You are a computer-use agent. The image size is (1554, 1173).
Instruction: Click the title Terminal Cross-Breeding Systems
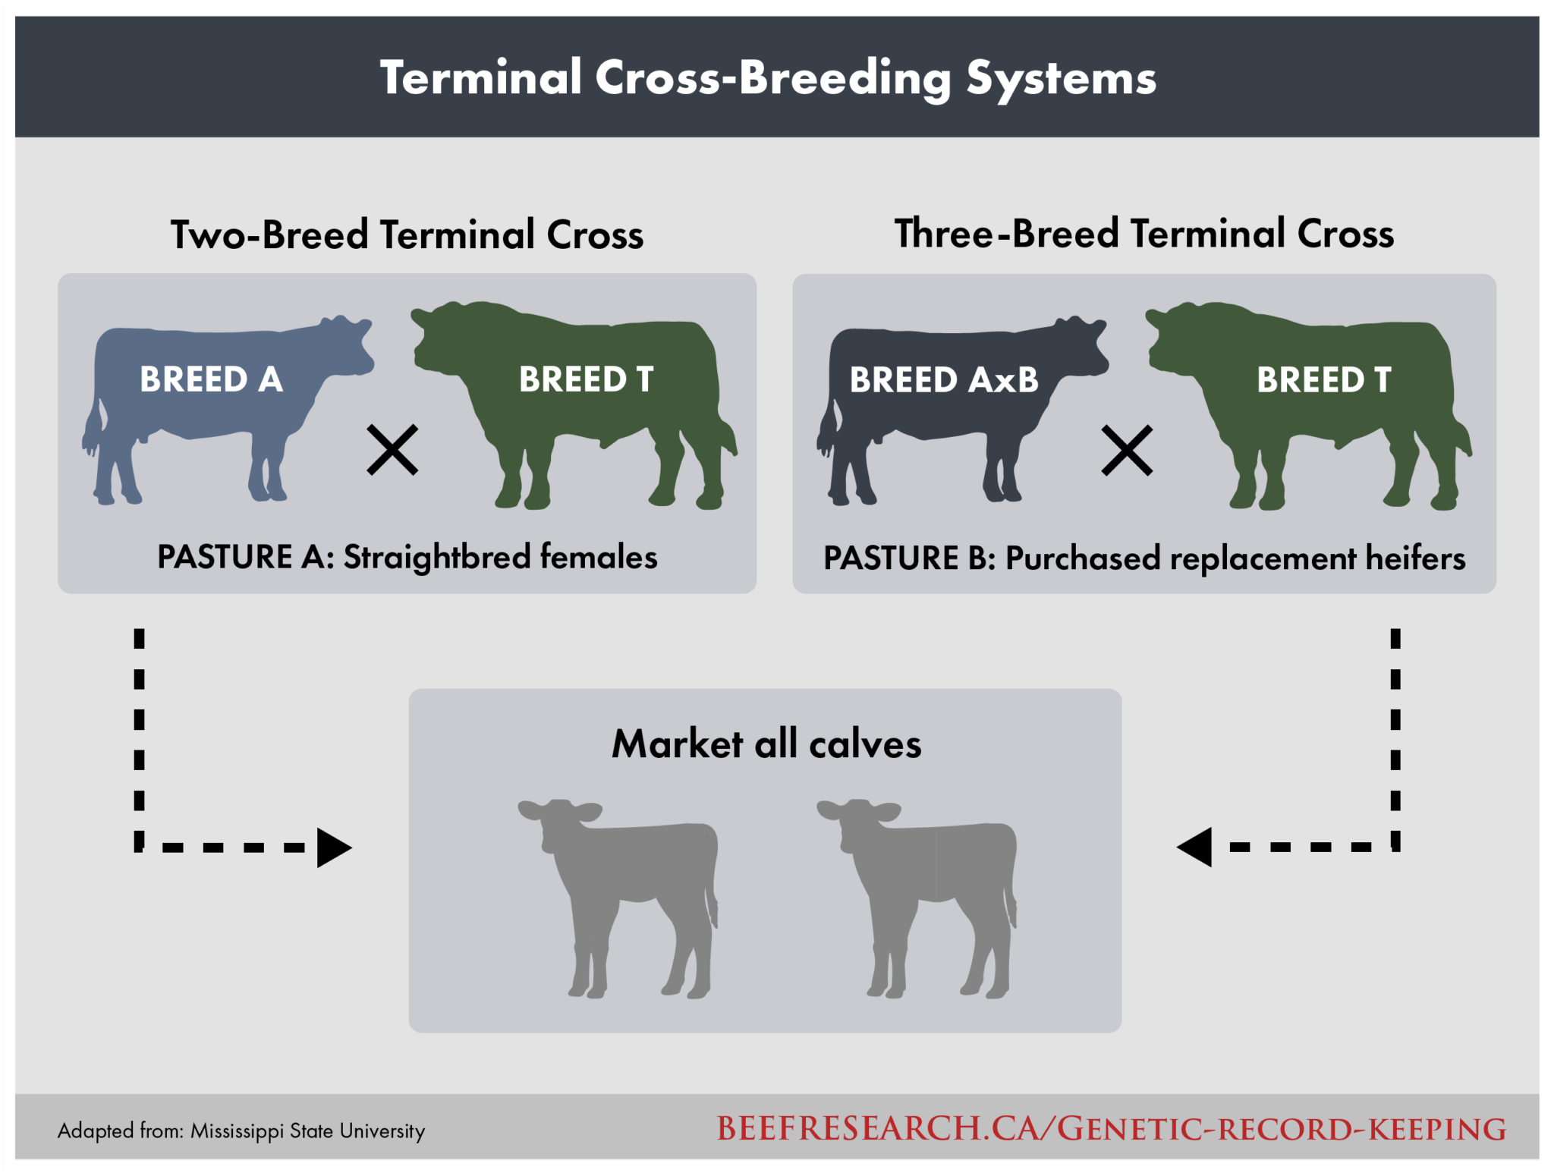(x=768, y=78)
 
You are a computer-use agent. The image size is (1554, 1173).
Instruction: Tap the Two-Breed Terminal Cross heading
(x=407, y=234)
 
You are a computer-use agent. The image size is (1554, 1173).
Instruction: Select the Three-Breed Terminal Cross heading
(x=1143, y=234)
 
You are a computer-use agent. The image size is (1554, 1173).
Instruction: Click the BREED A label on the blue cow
(x=211, y=379)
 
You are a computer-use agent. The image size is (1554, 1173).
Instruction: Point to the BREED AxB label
(x=943, y=380)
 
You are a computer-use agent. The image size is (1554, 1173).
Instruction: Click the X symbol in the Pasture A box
(x=392, y=450)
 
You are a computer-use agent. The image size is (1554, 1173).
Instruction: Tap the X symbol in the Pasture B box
(x=1127, y=451)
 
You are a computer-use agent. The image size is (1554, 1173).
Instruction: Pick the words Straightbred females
(x=500, y=558)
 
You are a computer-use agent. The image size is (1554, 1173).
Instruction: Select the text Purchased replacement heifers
(x=1235, y=559)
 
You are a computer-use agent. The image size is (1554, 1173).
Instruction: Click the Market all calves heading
(x=766, y=744)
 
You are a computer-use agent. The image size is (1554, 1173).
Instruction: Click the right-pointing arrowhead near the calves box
(x=334, y=848)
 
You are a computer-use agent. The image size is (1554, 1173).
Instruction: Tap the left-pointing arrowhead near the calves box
(x=1195, y=847)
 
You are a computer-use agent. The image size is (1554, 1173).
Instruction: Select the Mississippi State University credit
(x=307, y=1131)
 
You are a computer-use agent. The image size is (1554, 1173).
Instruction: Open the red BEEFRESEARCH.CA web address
(x=1111, y=1130)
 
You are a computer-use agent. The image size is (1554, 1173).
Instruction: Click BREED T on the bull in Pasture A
(x=586, y=379)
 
